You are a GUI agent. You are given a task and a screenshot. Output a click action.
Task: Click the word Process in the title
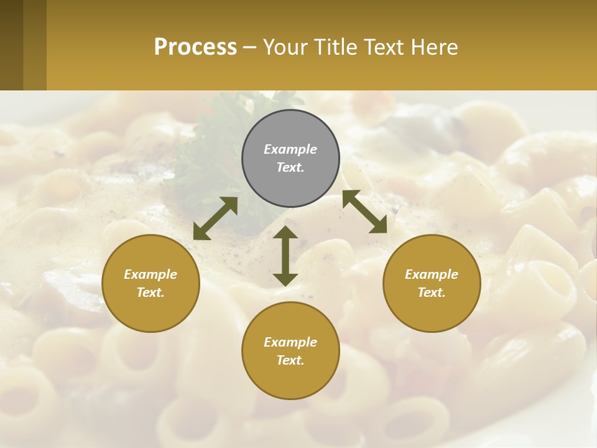pyautogui.click(x=195, y=47)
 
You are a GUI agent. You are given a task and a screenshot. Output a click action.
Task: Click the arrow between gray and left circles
pyautogui.click(x=215, y=218)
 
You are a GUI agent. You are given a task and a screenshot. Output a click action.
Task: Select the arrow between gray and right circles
pyautogui.click(x=364, y=212)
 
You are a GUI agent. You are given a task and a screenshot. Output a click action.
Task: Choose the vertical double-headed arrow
pyautogui.click(x=285, y=256)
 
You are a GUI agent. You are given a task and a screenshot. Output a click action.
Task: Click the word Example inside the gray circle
pyautogui.click(x=290, y=149)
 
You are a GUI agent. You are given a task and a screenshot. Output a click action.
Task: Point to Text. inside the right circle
pyautogui.click(x=432, y=292)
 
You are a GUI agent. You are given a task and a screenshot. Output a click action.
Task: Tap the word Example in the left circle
pyautogui.click(x=150, y=274)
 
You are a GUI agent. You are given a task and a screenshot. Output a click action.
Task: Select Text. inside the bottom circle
pyautogui.click(x=290, y=360)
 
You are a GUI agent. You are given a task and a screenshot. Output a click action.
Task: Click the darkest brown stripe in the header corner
pyautogui.click(x=11, y=45)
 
